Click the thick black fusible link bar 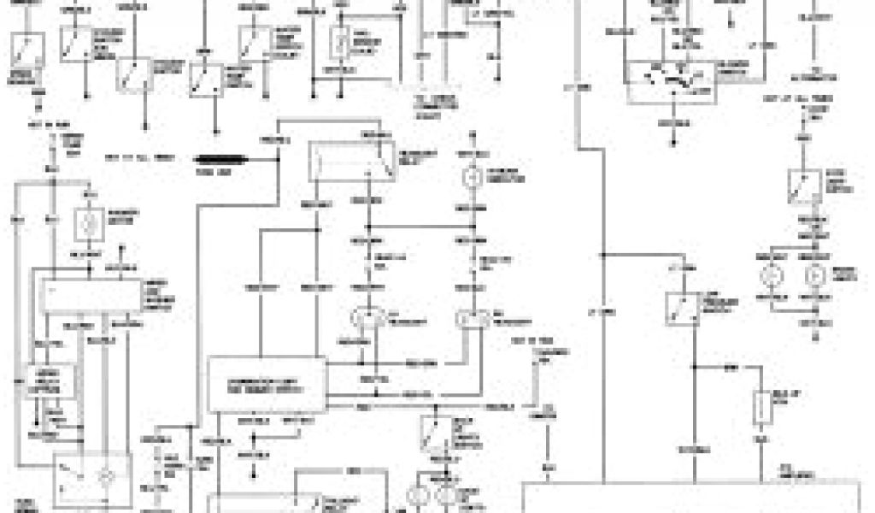[220, 159]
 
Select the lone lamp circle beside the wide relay [468, 177]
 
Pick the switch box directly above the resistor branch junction [683, 310]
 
